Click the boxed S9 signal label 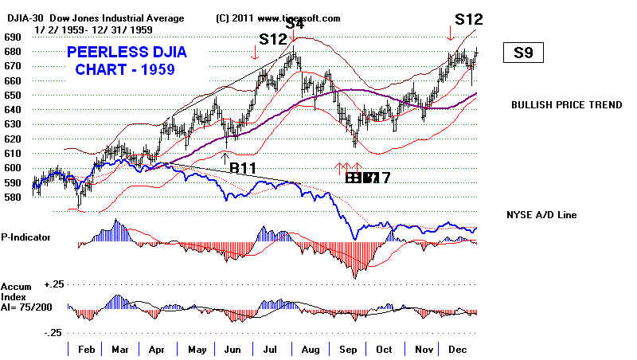(x=523, y=54)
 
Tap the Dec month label (x=458, y=349)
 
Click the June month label (x=233, y=349)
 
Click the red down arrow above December (x=450, y=33)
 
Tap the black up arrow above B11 (x=225, y=156)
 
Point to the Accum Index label (x=16, y=291)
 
